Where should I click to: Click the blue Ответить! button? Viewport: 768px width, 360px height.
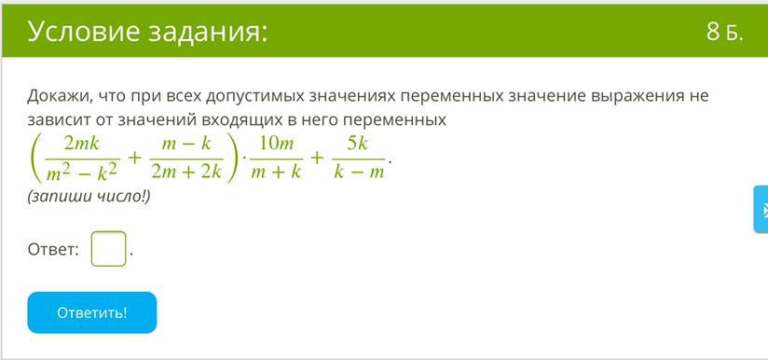coord(92,312)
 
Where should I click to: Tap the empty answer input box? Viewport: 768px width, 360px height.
coord(108,249)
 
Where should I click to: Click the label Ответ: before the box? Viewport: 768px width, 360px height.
coord(53,250)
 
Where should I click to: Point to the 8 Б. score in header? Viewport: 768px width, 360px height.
coord(725,33)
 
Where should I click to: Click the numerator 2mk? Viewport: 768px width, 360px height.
coord(82,144)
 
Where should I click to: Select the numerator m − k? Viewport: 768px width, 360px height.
coord(187,144)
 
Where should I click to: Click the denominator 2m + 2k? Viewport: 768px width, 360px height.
coord(187,172)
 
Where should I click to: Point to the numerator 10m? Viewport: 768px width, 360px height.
coord(277,144)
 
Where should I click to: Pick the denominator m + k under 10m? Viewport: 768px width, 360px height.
coord(277,172)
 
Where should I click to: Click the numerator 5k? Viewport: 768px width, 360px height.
coord(358,144)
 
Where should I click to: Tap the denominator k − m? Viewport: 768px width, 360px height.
coord(358,172)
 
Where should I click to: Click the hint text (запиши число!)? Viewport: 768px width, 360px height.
coord(89,197)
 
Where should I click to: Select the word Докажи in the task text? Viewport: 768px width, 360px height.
coord(61,96)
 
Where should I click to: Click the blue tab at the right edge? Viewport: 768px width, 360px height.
coord(761,209)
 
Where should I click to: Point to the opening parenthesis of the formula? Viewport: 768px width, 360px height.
coord(35,158)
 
